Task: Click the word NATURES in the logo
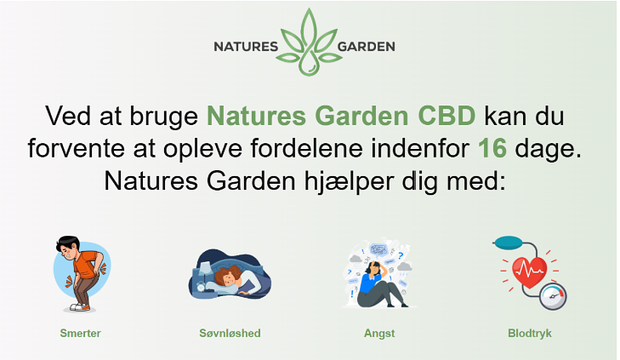click(246, 47)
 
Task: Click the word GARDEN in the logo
click(367, 47)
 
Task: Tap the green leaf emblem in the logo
click(309, 42)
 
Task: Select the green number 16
click(492, 148)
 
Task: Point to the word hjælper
click(349, 181)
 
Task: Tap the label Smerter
click(80, 333)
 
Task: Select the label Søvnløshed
click(230, 333)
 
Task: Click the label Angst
click(379, 334)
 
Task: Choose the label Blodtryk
click(530, 334)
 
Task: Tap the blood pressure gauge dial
click(553, 296)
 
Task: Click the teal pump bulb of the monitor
click(509, 243)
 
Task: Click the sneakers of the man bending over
click(79, 306)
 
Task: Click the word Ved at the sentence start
click(68, 116)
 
